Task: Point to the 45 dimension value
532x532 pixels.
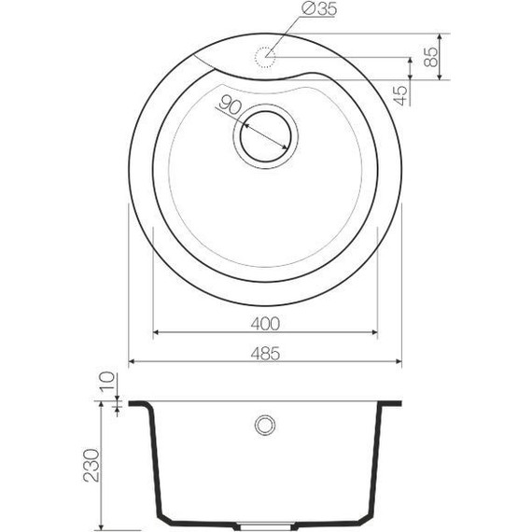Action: [x=401, y=93]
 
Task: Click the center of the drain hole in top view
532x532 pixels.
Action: [x=266, y=136]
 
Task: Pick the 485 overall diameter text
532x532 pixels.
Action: [x=266, y=352]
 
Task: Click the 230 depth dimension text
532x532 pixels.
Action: [x=89, y=464]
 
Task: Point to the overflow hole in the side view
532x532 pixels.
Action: [x=266, y=426]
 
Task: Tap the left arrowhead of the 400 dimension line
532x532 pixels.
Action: [x=156, y=332]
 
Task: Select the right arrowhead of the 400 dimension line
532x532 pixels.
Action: [x=374, y=332]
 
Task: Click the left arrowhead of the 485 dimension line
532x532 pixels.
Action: [x=132, y=361]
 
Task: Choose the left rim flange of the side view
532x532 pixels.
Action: [x=136, y=405]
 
